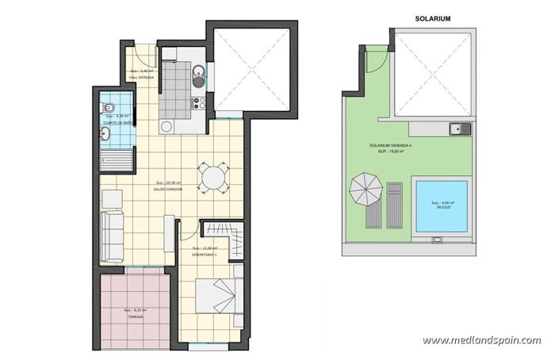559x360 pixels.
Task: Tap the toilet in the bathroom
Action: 111,109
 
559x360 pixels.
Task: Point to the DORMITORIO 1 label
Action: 205,255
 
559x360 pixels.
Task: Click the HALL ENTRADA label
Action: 141,77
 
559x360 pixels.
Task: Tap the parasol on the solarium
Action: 365,189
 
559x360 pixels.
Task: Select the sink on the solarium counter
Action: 455,127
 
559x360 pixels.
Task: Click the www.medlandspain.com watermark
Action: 481,341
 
